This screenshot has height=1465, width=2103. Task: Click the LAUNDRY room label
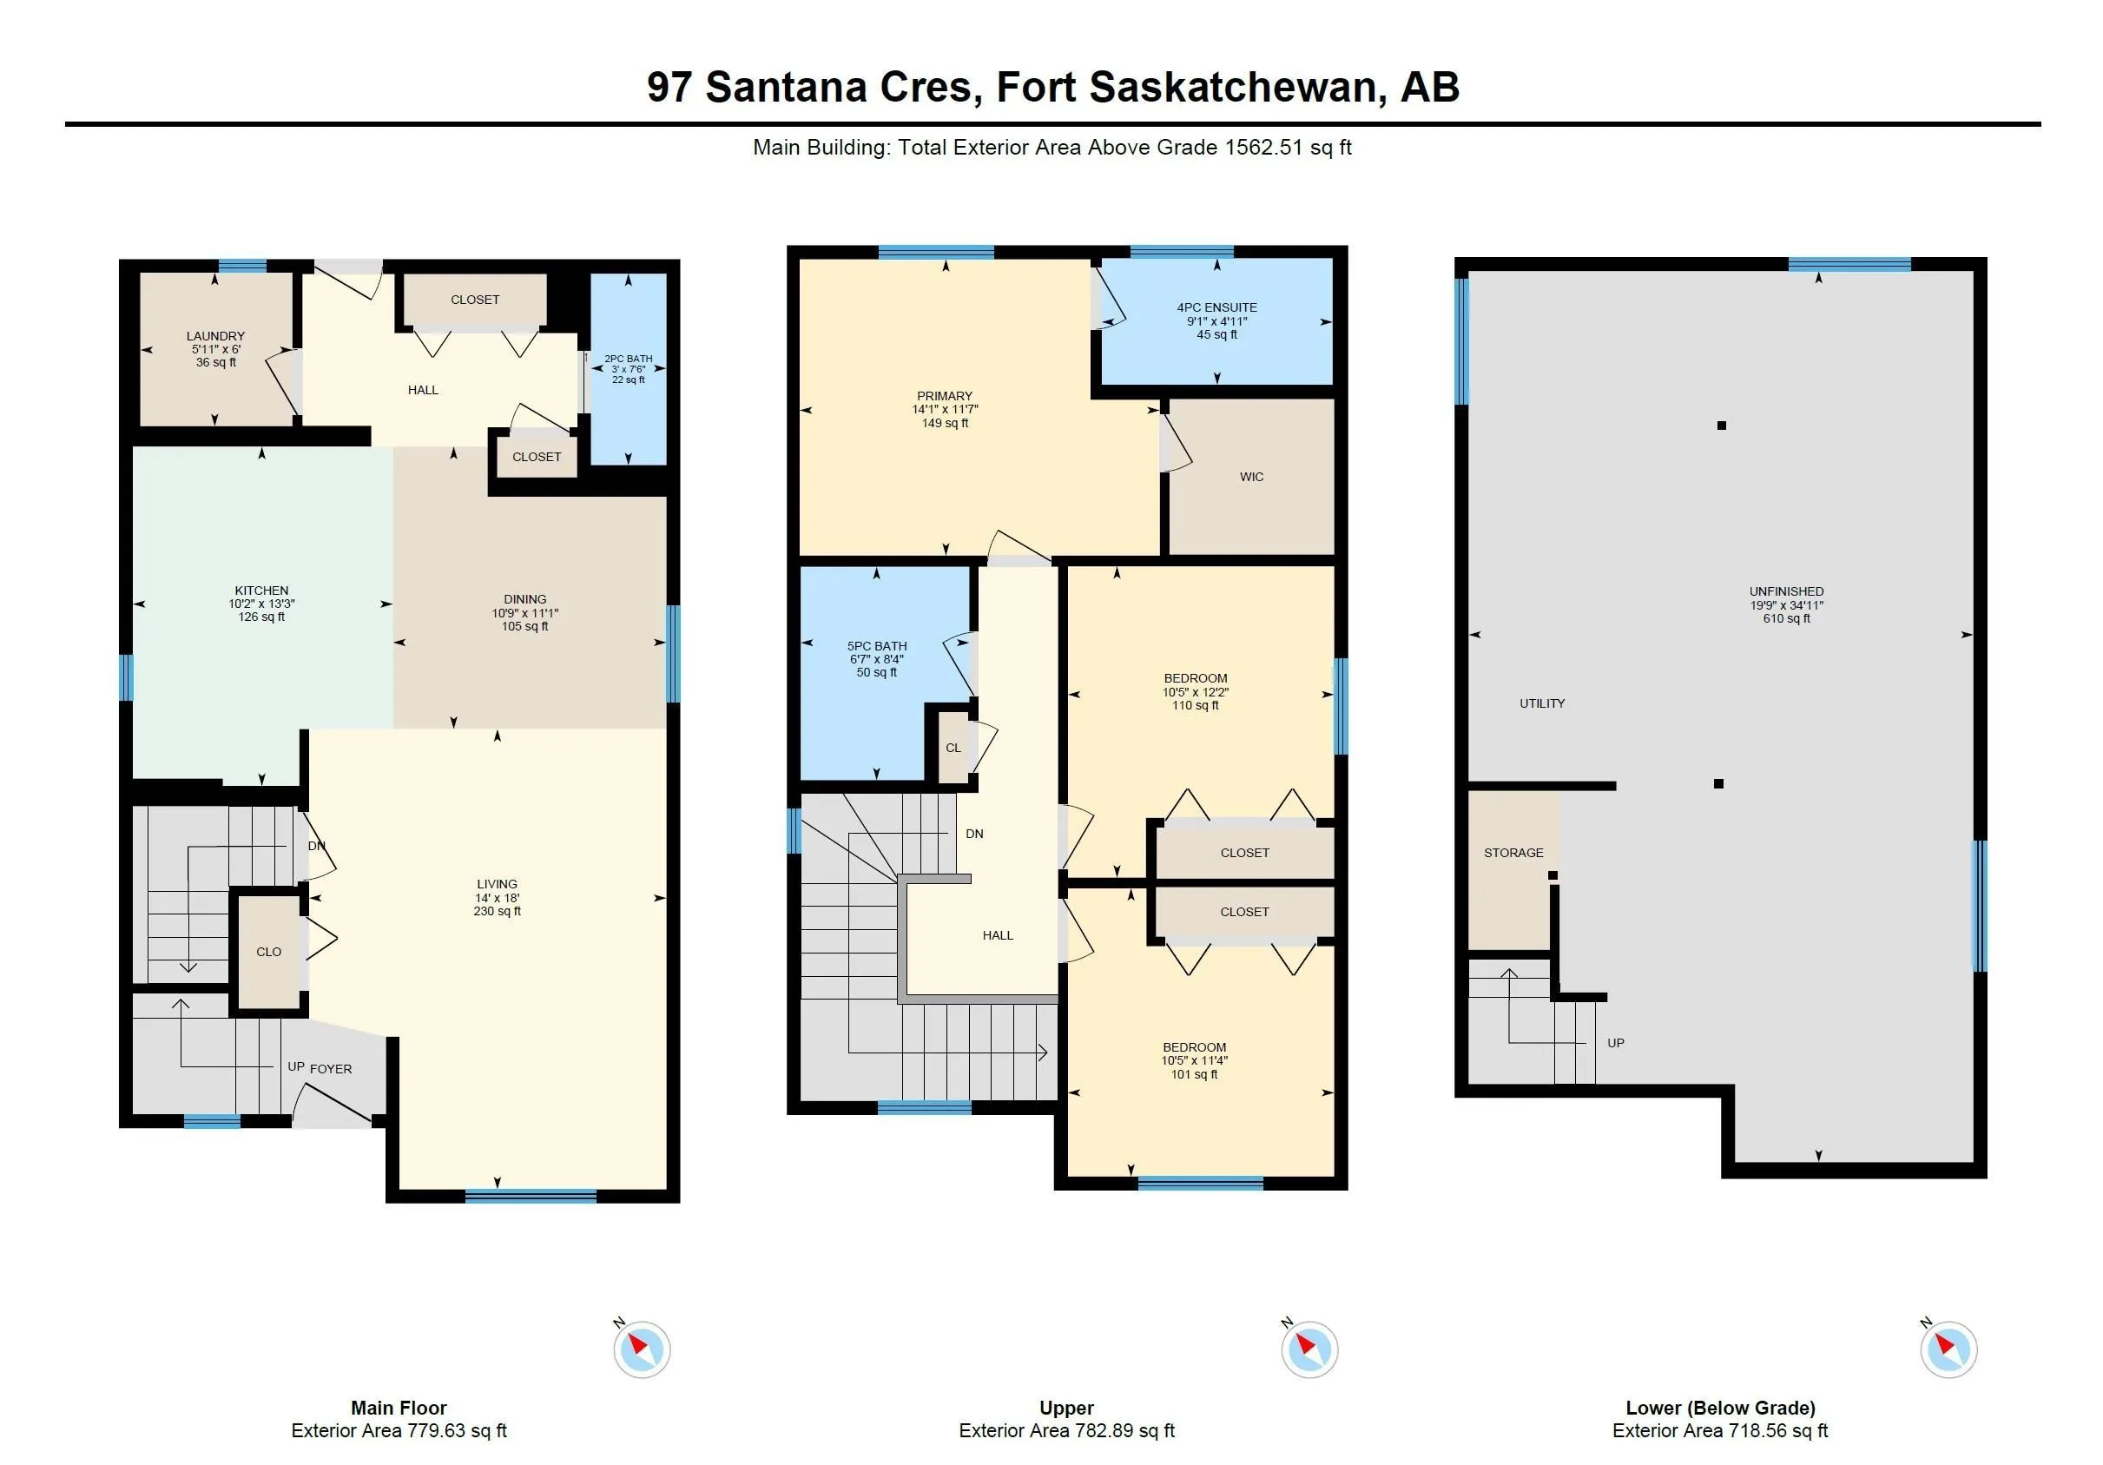pos(215,336)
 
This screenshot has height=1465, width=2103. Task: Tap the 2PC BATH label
pos(629,360)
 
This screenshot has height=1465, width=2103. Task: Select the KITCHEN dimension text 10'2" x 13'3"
pos(261,604)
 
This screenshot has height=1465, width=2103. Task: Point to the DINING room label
pos(524,599)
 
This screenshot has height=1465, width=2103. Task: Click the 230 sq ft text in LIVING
pos(498,912)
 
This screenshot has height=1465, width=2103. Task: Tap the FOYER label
pos(331,1069)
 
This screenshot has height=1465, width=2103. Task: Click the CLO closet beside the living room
pos(268,952)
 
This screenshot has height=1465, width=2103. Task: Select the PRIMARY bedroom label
pos(945,397)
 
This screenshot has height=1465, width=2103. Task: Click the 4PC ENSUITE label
pos(1216,307)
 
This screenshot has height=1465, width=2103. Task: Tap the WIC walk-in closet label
pos(1251,478)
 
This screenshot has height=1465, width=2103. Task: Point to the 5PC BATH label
pos(877,646)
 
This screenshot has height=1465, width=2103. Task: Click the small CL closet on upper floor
pos(953,749)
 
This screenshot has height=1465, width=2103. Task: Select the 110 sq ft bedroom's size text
pos(1196,706)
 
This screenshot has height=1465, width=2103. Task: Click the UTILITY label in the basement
pos(1541,703)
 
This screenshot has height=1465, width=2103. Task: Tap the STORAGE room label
pos(1513,853)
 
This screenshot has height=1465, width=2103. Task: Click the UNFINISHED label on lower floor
pos(1786,592)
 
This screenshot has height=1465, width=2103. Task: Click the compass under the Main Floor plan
pos(641,1349)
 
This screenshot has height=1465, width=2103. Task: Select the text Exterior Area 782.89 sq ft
pos(1066,1431)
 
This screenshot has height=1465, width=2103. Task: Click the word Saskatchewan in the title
pos(1232,87)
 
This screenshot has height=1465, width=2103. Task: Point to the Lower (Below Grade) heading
pos(1719,1409)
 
